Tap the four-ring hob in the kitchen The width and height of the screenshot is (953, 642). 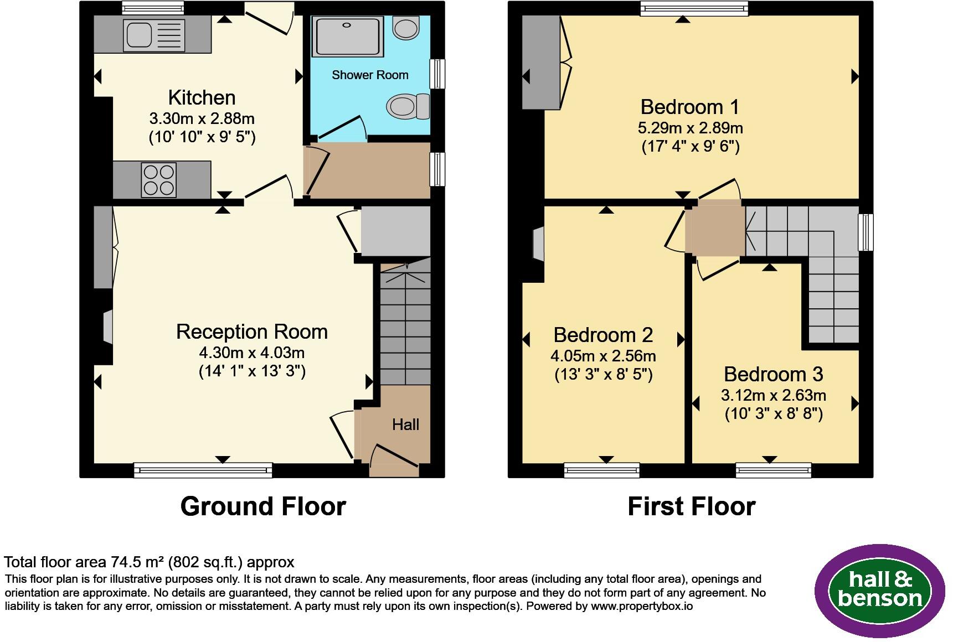point(159,180)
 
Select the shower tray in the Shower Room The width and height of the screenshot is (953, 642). point(348,37)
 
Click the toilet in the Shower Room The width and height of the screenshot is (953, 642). point(409,106)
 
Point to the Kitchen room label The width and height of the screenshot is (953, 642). point(202,97)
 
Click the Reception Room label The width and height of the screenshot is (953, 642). point(252,332)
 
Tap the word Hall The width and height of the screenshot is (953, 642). point(406,424)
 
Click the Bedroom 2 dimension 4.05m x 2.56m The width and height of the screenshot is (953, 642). point(603,356)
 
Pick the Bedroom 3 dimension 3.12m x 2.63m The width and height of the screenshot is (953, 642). point(774,395)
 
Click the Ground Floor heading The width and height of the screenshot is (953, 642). point(263,506)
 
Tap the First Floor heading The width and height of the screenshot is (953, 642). point(692,506)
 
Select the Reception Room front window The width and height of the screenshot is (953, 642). point(203,470)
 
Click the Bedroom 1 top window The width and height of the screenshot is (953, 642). point(694,8)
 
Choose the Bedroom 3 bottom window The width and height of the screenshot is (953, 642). point(774,470)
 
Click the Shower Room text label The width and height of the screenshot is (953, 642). point(370,75)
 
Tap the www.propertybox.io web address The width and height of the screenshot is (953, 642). point(642,606)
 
